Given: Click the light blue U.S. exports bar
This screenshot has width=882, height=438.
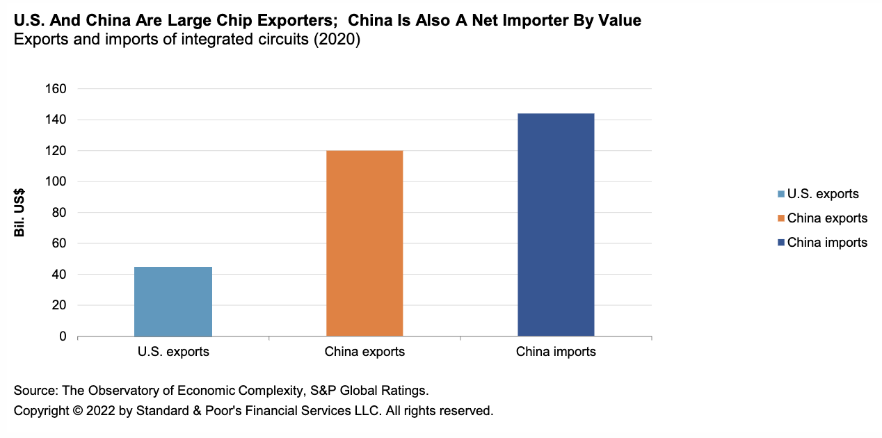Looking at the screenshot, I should click(x=173, y=302).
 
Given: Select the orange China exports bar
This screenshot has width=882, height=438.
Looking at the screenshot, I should click(x=364, y=243).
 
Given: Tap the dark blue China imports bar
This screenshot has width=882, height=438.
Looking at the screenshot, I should click(x=556, y=225).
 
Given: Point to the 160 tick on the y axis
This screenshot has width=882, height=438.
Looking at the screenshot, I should click(x=56, y=89).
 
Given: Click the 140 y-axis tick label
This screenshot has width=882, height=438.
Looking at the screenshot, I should click(x=56, y=120).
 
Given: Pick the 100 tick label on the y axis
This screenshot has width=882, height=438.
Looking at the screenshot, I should click(x=56, y=182).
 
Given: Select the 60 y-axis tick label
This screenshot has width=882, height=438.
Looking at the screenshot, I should click(x=59, y=244).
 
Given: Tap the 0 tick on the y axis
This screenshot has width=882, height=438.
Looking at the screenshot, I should click(x=63, y=336).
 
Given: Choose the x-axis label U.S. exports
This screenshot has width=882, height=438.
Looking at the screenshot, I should click(x=173, y=352).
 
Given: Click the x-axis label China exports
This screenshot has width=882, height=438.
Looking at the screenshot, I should click(x=364, y=352).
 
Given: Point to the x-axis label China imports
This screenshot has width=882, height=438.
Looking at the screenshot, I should click(x=556, y=352).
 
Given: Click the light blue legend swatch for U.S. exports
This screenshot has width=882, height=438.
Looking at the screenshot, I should click(x=781, y=195).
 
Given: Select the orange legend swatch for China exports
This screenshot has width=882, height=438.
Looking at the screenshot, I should click(x=781, y=218).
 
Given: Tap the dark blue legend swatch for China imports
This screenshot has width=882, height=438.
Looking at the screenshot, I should click(x=781, y=243).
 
